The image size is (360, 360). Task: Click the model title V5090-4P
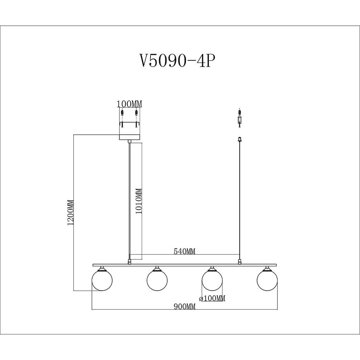(178, 60)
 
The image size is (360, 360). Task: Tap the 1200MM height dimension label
(71, 213)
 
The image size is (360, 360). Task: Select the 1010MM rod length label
(139, 201)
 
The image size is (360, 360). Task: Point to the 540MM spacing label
(184, 251)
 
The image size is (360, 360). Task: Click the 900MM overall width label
(184, 306)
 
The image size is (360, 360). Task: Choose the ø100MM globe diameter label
(212, 298)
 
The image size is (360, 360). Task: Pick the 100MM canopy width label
(129, 104)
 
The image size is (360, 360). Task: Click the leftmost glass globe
(102, 280)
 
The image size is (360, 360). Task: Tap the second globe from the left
(157, 280)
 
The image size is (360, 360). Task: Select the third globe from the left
(212, 280)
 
